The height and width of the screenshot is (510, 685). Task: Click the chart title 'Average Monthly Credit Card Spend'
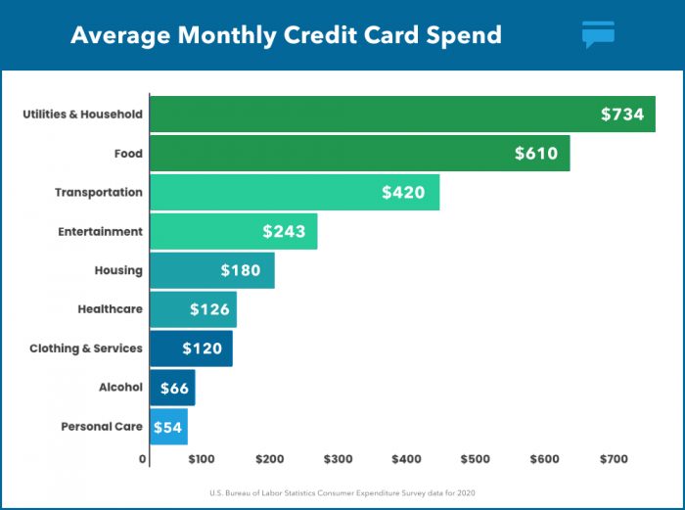286,35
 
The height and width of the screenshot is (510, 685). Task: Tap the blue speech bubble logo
598,34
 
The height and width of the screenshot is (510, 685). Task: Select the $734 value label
622,115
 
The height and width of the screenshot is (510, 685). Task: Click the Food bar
359,154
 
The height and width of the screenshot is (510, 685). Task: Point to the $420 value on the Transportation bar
403,193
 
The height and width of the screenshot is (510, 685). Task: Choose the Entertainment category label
99,232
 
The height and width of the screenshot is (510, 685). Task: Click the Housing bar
211,270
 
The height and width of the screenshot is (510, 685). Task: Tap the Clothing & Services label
86,348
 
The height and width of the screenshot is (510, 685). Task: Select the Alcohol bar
172,388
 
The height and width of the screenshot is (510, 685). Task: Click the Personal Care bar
168,427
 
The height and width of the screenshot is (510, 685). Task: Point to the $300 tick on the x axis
339,458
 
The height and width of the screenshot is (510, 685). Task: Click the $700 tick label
614,458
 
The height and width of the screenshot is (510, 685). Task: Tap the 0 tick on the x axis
143,458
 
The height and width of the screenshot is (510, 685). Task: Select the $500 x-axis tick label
476,458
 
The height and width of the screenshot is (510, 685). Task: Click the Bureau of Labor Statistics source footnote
342,491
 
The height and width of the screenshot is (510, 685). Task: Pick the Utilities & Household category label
83,115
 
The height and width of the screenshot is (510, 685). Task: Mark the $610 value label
536,154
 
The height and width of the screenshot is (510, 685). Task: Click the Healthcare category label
110,309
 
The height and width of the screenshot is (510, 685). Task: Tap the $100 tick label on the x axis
202,458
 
